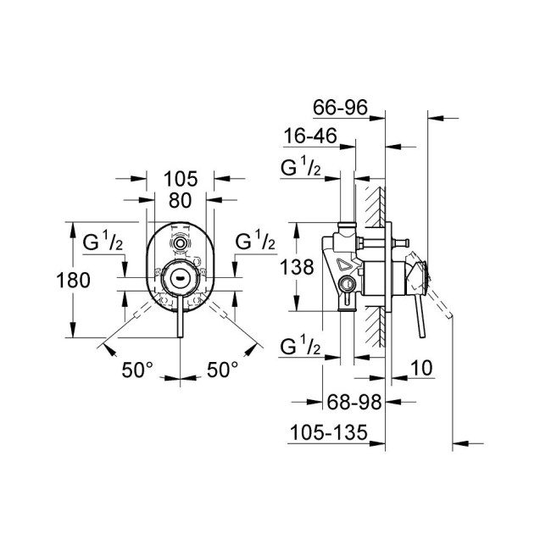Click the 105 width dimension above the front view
(180, 179)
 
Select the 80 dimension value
(180, 202)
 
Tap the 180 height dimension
(73, 280)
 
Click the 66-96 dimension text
(339, 108)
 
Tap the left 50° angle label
(138, 369)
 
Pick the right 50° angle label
(223, 369)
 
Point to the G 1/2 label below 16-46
(300, 168)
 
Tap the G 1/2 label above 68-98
(300, 347)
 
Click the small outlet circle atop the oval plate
(179, 243)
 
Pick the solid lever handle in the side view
(418, 309)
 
